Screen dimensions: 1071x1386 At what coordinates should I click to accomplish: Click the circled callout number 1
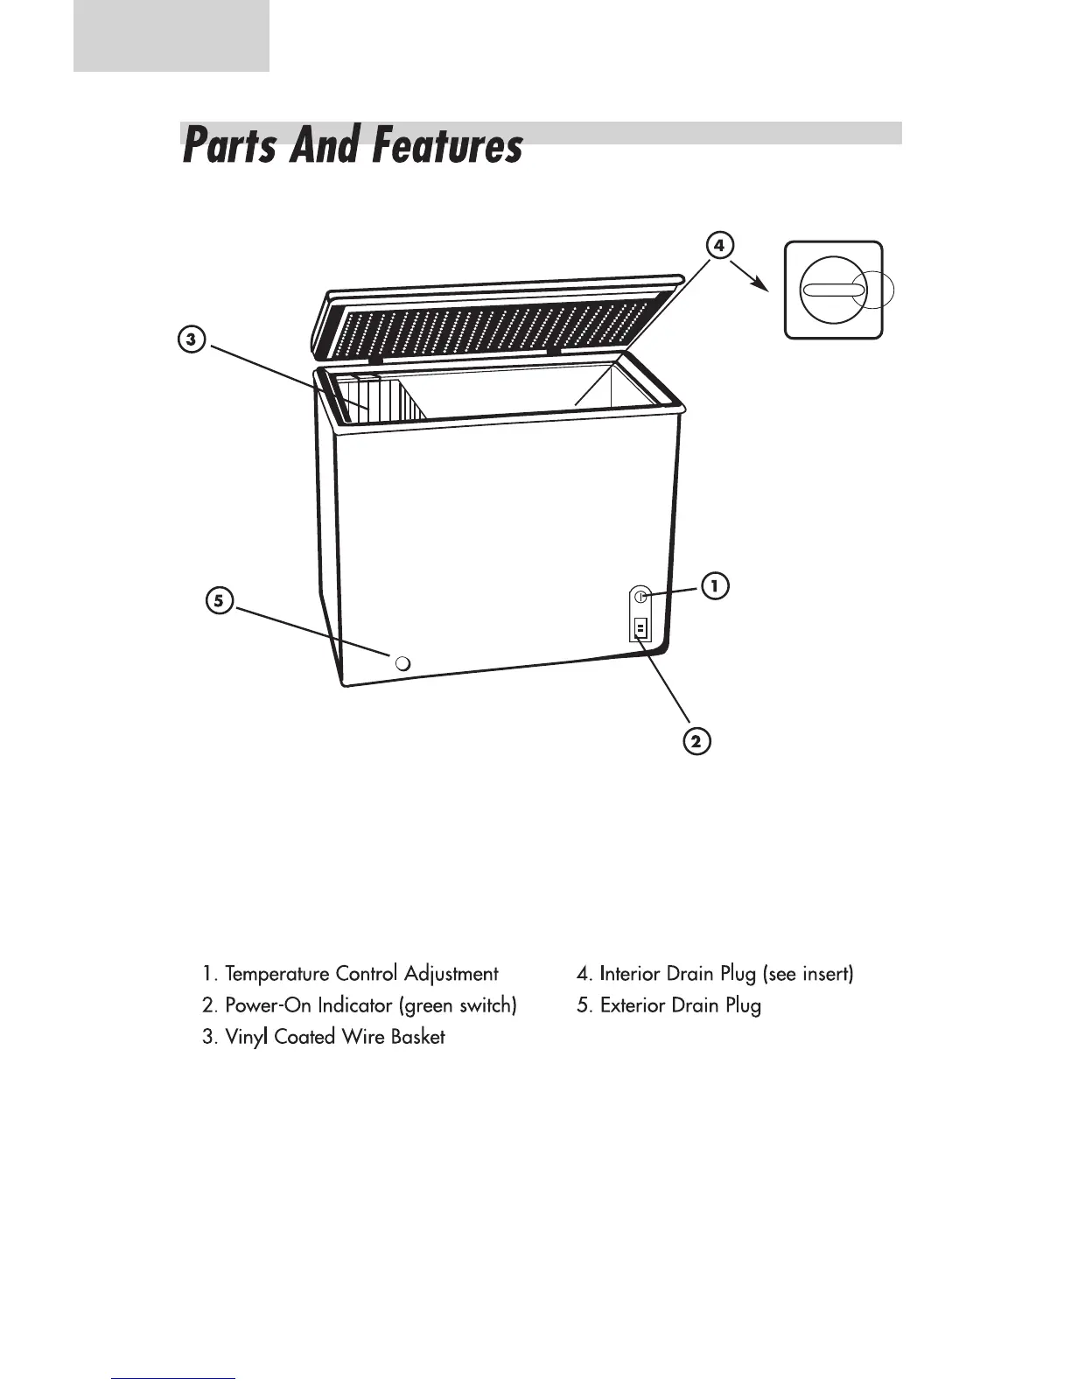714,585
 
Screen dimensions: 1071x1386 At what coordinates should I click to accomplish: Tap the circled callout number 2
696,742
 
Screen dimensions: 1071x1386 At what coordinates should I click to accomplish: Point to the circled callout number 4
718,246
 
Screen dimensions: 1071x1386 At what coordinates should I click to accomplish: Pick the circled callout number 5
220,600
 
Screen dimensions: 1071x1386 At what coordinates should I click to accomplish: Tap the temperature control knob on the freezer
641,597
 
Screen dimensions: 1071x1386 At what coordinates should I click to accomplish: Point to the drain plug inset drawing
834,290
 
